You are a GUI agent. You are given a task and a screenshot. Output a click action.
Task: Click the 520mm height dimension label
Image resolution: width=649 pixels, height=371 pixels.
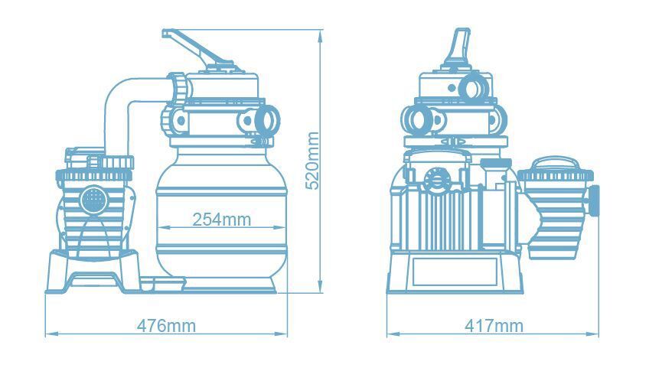click(x=312, y=161)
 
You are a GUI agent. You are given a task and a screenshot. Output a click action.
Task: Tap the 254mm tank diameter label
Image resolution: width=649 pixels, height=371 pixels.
click(x=221, y=220)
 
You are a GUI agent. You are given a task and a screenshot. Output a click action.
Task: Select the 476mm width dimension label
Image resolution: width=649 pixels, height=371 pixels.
click(x=166, y=326)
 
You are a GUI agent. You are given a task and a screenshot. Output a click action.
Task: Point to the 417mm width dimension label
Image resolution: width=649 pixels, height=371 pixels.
click(x=494, y=326)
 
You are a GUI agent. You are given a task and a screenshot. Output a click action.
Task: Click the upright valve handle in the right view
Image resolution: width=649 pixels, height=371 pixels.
click(x=459, y=47)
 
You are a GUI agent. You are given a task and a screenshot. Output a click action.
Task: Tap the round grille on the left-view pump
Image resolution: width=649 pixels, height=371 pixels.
click(x=94, y=200)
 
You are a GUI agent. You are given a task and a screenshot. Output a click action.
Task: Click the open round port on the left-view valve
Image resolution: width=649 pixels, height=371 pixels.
click(x=266, y=119)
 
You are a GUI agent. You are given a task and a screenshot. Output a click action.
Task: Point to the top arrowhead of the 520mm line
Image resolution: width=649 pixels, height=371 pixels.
click(x=320, y=37)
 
